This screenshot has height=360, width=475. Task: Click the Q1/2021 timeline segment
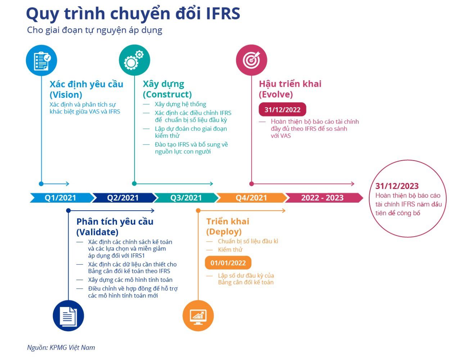(x=60, y=198)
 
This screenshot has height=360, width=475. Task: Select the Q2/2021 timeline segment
(x=123, y=198)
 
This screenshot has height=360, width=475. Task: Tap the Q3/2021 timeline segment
(x=186, y=198)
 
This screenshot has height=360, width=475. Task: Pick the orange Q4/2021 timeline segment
(x=251, y=198)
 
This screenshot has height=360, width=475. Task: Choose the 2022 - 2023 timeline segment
(x=322, y=198)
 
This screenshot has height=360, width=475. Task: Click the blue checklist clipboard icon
(x=41, y=60)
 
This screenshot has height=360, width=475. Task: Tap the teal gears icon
(x=134, y=60)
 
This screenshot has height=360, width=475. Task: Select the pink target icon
(x=252, y=60)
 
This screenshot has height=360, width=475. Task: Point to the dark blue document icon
(x=68, y=316)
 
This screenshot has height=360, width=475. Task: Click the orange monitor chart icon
(x=198, y=316)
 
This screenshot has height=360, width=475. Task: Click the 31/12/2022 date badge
(x=282, y=110)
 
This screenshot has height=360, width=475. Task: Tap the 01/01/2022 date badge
(x=228, y=263)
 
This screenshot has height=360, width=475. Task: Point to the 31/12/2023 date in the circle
(x=397, y=186)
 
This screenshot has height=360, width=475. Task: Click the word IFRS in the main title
(x=223, y=14)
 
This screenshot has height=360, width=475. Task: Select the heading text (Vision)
(x=66, y=95)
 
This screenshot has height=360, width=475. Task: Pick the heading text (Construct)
(x=167, y=94)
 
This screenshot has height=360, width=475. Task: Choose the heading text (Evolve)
(x=276, y=94)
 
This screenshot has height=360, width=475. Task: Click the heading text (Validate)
(x=97, y=232)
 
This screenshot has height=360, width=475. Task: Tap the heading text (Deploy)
(x=224, y=231)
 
